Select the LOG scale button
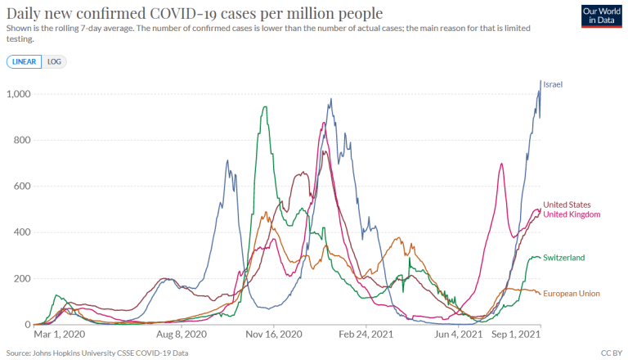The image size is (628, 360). (55, 61)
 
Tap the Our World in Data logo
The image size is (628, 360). (602, 16)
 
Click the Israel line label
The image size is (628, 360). (553, 84)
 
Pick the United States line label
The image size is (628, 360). (567, 205)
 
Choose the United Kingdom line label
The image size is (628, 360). (572, 214)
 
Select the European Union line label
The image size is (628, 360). (572, 292)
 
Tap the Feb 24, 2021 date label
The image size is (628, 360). (366, 334)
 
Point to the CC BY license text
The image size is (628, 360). (611, 353)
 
